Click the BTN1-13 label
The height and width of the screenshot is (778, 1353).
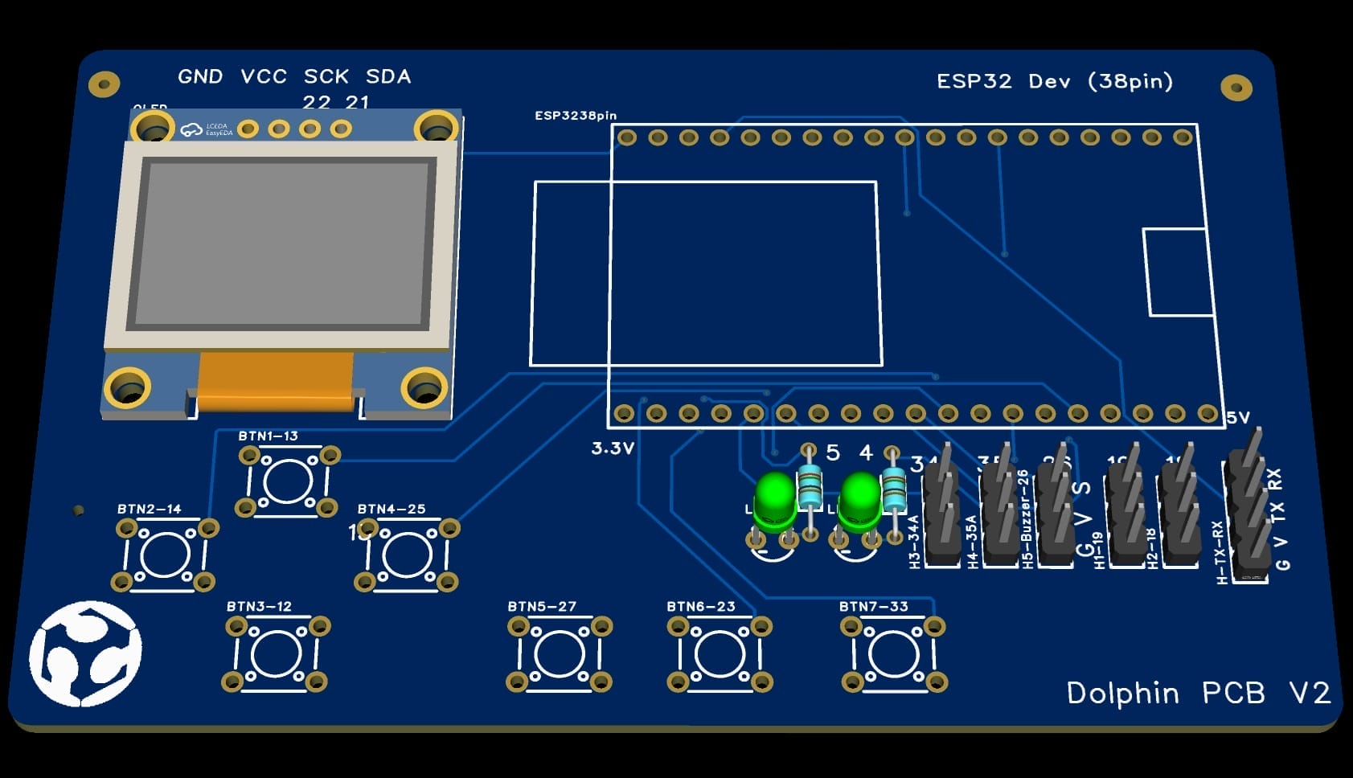[x=268, y=436]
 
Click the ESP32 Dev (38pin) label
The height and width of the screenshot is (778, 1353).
[x=1055, y=82]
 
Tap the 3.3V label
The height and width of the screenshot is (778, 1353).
[x=613, y=448]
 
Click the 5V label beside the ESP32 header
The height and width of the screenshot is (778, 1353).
[x=1238, y=418]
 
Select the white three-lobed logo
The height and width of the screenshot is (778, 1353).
[x=85, y=653]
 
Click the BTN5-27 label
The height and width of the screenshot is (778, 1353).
[x=542, y=607]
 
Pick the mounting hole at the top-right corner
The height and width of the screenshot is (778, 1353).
[x=1236, y=88]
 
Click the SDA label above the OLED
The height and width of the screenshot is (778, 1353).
[x=388, y=77]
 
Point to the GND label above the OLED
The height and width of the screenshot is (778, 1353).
[x=200, y=77]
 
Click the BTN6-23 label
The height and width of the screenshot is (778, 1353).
[x=700, y=607]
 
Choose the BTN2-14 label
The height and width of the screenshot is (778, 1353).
[x=149, y=510]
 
